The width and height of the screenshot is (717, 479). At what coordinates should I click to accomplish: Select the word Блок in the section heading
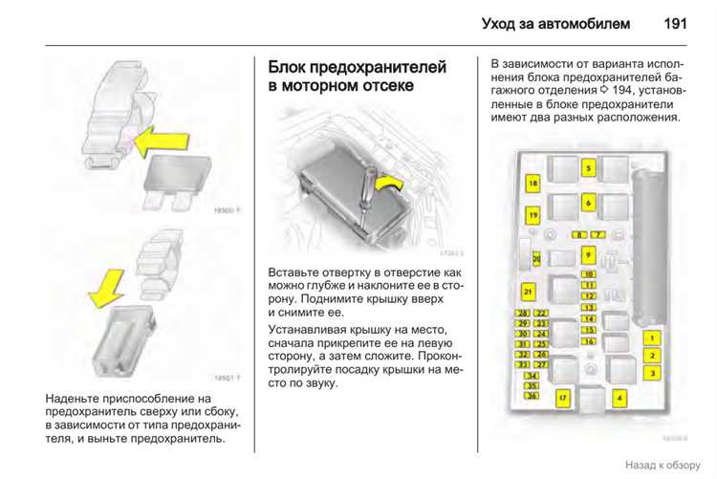coord(291,68)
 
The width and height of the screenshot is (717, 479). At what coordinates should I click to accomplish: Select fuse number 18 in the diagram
coord(532,182)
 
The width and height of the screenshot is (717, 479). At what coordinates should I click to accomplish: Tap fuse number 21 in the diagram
coord(528,291)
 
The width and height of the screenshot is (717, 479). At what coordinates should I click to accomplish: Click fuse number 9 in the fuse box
coord(589,255)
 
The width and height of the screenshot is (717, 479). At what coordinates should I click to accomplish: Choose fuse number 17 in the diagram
coord(563,396)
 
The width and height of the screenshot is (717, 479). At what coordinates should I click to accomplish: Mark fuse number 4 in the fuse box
coord(619,396)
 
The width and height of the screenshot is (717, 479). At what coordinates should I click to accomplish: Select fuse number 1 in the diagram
coord(652,338)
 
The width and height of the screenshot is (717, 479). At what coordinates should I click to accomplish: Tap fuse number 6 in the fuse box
coord(589,203)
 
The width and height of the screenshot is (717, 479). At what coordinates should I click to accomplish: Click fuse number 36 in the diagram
coord(532,396)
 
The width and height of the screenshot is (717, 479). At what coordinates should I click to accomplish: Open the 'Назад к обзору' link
coord(664,466)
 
